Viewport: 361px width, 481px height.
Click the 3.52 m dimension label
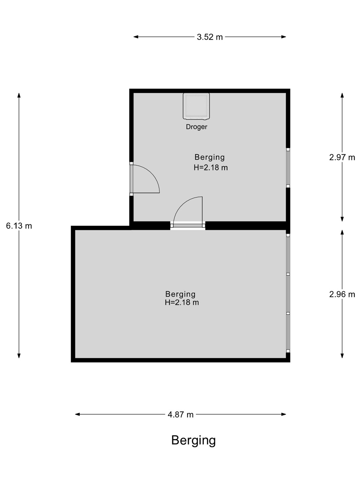click(x=210, y=37)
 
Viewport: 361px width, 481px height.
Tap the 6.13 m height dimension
click(x=19, y=226)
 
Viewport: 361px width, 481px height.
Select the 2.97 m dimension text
click(x=342, y=157)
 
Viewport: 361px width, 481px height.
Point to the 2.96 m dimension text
click(x=342, y=294)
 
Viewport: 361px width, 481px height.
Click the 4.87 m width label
click(x=180, y=415)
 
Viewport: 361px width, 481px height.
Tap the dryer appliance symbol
click(x=196, y=106)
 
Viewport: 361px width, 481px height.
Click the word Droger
click(x=197, y=127)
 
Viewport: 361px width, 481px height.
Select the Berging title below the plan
click(x=194, y=441)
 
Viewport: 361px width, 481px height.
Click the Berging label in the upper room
click(x=210, y=158)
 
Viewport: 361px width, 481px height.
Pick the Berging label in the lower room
click(x=180, y=294)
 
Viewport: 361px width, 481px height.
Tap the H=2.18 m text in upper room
click(x=211, y=168)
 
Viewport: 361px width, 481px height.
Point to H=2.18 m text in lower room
click(x=182, y=302)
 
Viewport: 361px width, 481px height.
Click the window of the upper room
click(x=288, y=168)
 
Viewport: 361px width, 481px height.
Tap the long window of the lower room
click(x=288, y=293)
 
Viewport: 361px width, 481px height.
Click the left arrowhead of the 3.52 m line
click(x=136, y=37)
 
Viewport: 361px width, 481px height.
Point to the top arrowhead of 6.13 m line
click(x=19, y=95)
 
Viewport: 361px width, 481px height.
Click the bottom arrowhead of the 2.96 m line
click(x=342, y=356)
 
